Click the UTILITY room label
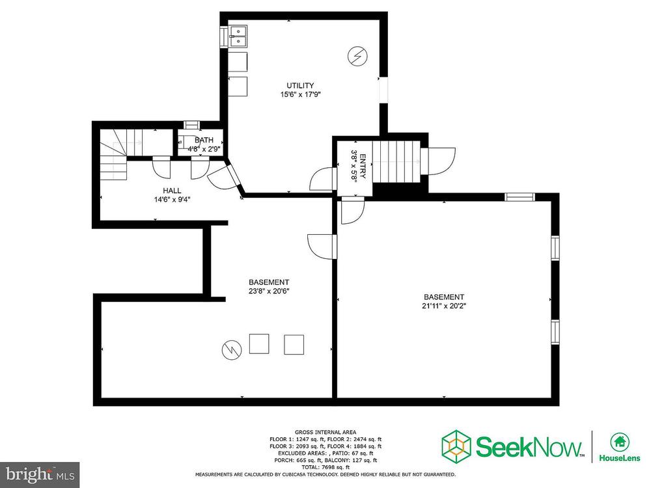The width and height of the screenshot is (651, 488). pyautogui.click(x=300, y=85)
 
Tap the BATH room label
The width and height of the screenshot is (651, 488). pyautogui.click(x=204, y=141)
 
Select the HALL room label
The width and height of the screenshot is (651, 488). pyautogui.click(x=172, y=191)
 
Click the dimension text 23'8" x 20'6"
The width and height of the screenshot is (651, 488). pyautogui.click(x=269, y=291)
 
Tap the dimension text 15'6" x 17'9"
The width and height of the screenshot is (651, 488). pyautogui.click(x=301, y=94)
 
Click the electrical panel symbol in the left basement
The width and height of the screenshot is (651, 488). pyautogui.click(x=232, y=350)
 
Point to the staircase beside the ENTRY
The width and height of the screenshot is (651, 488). pyautogui.click(x=396, y=161)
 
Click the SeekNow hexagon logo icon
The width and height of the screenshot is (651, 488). pyautogui.click(x=456, y=448)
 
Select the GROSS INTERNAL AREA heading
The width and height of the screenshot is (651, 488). pyautogui.click(x=325, y=432)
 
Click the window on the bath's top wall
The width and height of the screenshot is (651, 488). pyautogui.click(x=192, y=124)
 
